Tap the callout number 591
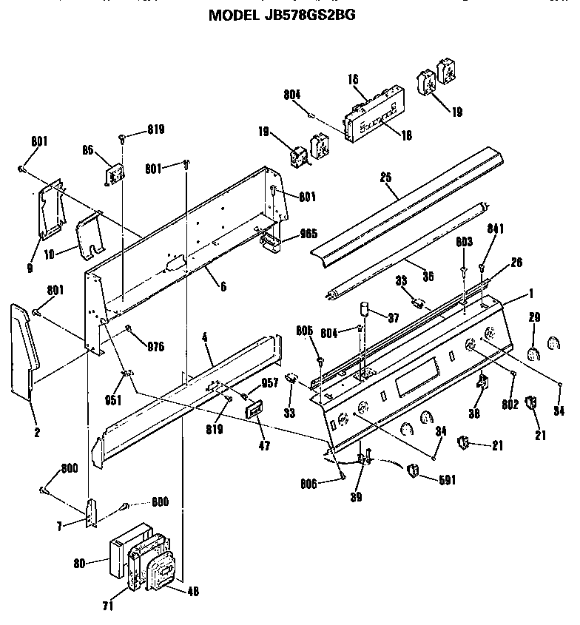point(446,480)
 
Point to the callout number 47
point(263,446)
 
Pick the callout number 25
point(385,178)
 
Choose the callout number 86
point(88,149)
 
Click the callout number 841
point(495,229)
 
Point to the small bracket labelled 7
point(91,512)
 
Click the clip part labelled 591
point(414,470)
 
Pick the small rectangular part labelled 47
point(255,409)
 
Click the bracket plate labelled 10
point(90,235)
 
